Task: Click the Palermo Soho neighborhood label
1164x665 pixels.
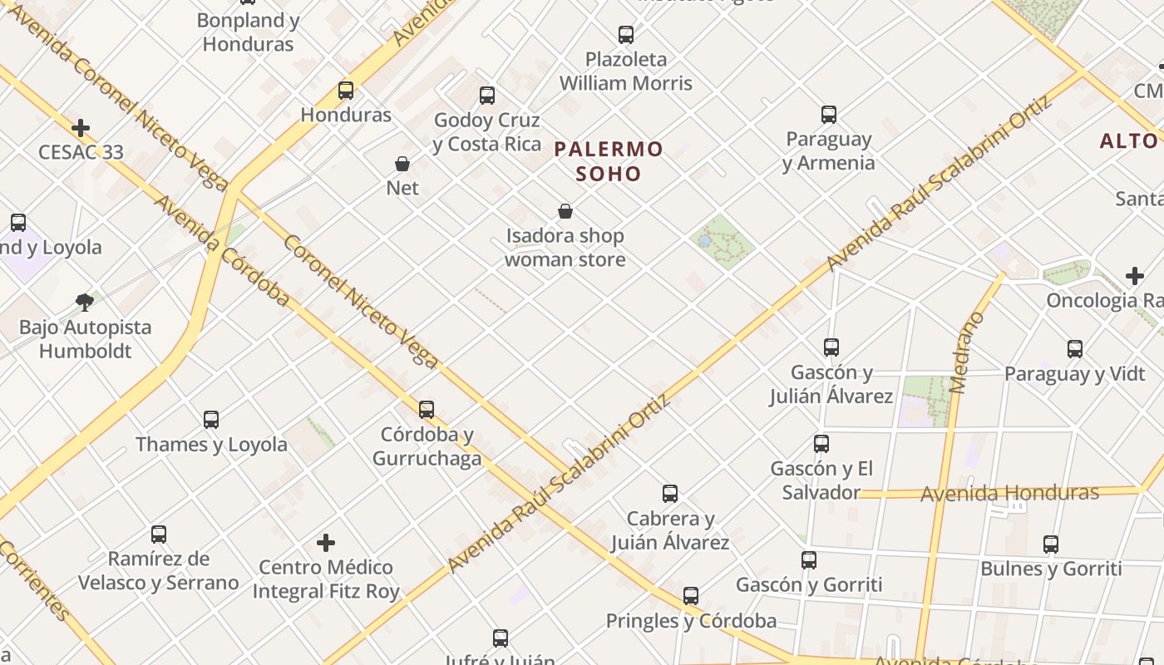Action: point(609,161)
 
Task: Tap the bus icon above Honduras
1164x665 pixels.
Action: point(346,91)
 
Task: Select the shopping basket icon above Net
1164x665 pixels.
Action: point(402,164)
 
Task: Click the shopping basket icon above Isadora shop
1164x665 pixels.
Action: point(565,212)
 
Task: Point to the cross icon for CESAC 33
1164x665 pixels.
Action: point(81,128)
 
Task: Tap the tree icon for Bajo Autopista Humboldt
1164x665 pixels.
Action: point(84,302)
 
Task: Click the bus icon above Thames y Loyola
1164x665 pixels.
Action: point(211,420)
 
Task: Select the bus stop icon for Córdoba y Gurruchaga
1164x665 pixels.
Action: point(427,410)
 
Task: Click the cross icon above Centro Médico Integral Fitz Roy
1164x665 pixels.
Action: point(326,543)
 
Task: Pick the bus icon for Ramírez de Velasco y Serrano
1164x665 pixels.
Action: point(159,534)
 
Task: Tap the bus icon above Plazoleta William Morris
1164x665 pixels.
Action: point(626,35)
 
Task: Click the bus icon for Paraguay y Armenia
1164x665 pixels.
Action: point(829,115)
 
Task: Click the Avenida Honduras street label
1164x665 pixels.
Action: point(1009,493)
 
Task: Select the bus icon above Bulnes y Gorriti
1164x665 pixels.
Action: point(1051,544)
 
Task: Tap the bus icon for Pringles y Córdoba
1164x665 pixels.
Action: point(691,596)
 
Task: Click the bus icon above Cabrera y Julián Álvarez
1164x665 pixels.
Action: point(670,494)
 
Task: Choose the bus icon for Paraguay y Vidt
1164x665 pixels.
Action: point(1075,349)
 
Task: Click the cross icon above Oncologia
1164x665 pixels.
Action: point(1135,276)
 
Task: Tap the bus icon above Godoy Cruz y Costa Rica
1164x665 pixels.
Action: point(487,96)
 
